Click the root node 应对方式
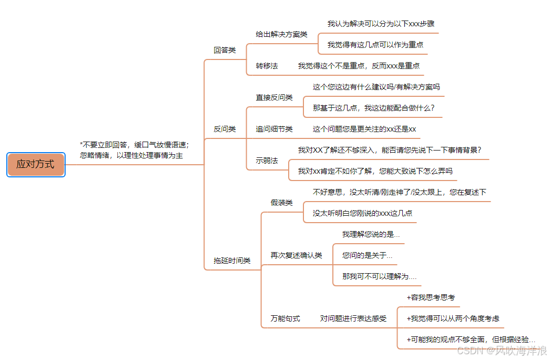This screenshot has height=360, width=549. click(x=36, y=164)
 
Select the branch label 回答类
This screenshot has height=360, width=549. click(x=225, y=50)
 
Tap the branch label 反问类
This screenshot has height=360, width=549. click(x=225, y=128)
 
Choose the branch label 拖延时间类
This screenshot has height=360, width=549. click(x=232, y=260)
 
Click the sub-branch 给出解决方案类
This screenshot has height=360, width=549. click(x=281, y=34)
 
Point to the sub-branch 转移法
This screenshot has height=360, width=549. click(x=267, y=66)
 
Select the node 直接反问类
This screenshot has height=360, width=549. click(x=274, y=97)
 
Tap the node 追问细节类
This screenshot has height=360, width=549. click(x=274, y=128)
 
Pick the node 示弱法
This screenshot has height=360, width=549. click(x=267, y=160)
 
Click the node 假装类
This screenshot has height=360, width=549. click(x=281, y=203)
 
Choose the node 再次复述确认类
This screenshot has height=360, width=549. click(x=296, y=255)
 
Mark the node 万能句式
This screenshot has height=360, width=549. click(x=285, y=318)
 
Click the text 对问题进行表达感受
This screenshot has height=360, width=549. click(x=353, y=318)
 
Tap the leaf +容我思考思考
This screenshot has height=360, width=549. click(x=431, y=297)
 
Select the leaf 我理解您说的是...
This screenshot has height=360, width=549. click(x=371, y=234)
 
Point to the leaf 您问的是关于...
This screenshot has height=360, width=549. click(x=367, y=255)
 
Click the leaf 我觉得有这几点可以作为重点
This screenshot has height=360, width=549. click(x=375, y=45)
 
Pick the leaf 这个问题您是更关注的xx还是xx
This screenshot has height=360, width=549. click(x=364, y=128)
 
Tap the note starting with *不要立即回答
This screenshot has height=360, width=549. click(x=134, y=149)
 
